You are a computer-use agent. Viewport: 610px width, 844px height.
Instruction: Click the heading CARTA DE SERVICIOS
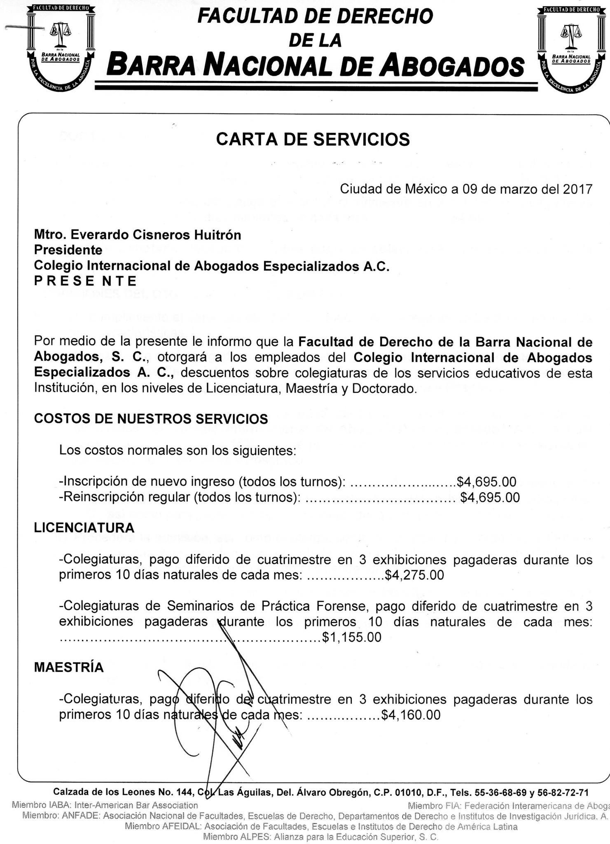313,140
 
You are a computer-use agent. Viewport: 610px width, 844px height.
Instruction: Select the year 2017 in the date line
577,189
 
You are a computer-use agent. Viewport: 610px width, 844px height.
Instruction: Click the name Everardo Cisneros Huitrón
156,235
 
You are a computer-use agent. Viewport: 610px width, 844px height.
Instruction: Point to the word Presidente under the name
68,250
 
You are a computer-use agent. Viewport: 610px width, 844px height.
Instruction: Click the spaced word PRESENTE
85,281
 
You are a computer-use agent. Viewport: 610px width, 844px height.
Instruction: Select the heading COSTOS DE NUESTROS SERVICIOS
151,419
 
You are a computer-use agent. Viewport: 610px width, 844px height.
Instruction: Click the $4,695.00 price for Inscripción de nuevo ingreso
486,481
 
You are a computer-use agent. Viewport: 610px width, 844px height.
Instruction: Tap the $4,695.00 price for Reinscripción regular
490,497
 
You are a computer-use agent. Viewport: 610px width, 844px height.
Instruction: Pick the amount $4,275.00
414,575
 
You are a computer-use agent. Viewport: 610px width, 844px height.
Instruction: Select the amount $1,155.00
352,637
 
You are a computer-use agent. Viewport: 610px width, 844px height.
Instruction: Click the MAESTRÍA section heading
69,667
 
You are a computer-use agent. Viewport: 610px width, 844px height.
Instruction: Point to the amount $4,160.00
411,715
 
